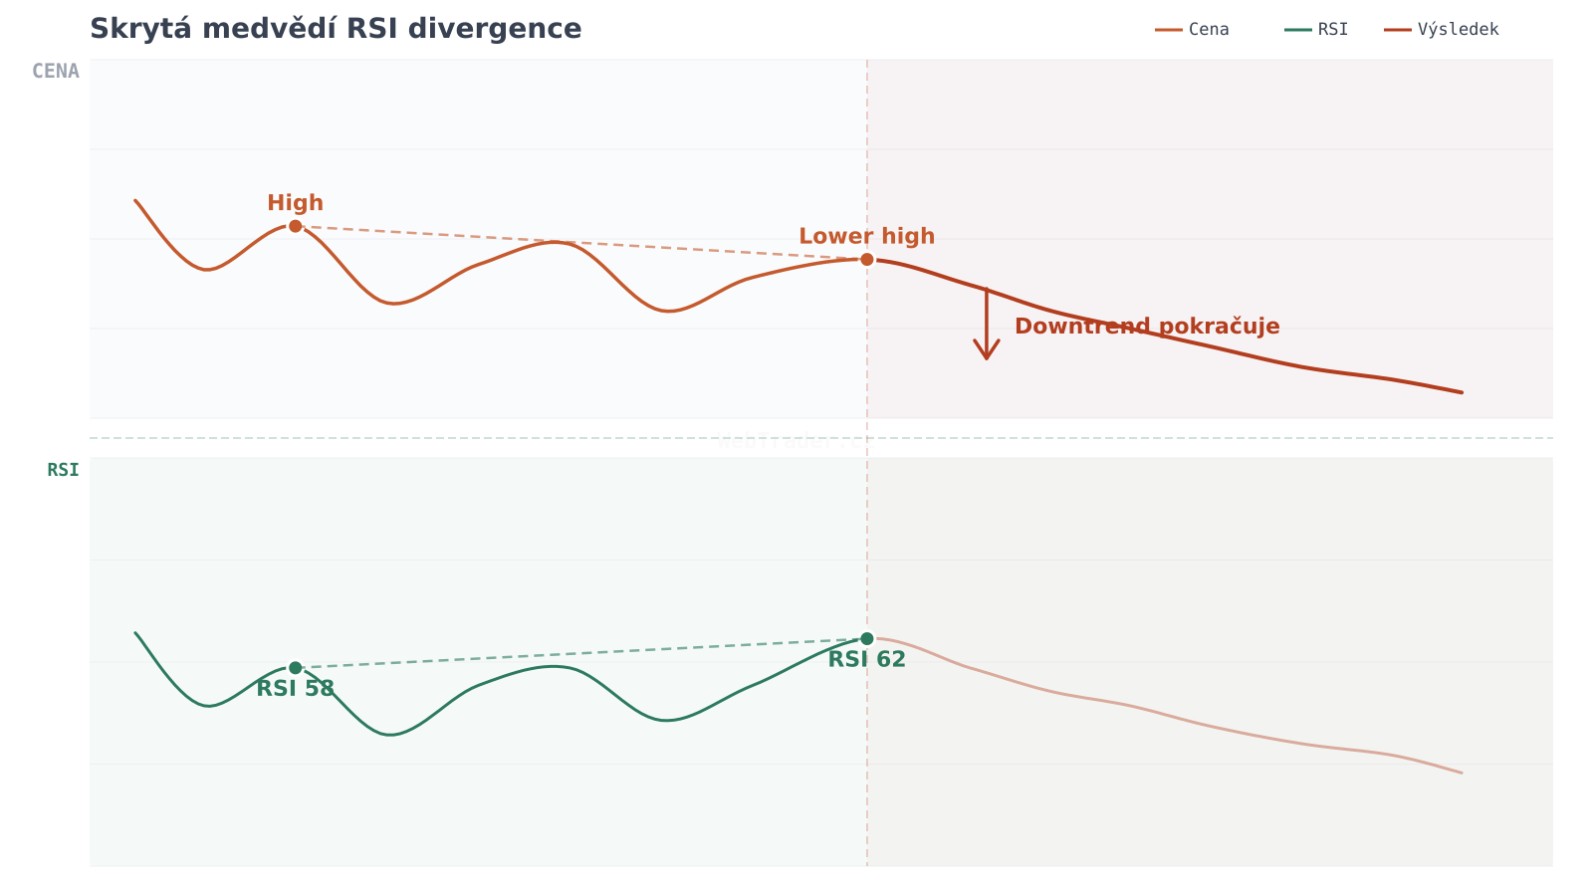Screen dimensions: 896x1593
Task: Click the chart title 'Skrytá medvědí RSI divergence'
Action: click(x=336, y=29)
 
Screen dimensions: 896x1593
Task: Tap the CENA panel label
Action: click(x=56, y=72)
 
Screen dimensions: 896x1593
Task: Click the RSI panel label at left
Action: click(x=63, y=470)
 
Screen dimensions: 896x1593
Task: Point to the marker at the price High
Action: click(x=296, y=226)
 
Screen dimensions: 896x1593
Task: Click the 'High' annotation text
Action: click(x=296, y=203)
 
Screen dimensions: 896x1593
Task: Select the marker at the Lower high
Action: click(x=867, y=259)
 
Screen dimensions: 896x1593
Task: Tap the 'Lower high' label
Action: click(x=867, y=236)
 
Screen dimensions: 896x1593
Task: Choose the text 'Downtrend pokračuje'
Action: click(x=1147, y=327)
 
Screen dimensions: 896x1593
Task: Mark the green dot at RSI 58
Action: click(x=296, y=668)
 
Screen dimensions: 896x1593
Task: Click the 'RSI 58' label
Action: click(x=296, y=689)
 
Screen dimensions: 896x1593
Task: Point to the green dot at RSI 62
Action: click(x=867, y=638)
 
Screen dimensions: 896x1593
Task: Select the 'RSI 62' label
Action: click(x=867, y=659)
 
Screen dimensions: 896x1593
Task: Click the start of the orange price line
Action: click(x=135, y=200)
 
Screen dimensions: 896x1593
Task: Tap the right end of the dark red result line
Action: click(x=1462, y=392)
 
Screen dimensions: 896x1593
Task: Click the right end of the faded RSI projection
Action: click(x=1462, y=773)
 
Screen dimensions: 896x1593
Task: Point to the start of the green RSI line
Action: click(x=135, y=632)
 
